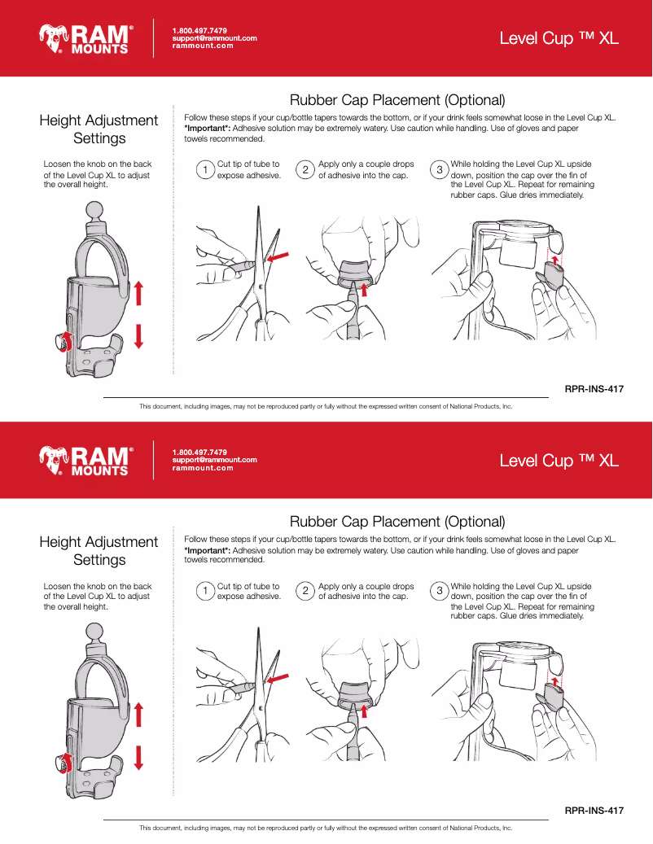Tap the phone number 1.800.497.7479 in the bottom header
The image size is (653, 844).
pos(199,452)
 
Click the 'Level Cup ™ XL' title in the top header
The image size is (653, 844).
pos(559,38)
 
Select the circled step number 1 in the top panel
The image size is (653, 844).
pos(206,169)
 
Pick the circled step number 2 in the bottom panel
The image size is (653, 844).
pos(305,592)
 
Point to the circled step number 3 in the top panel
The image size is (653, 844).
pos(440,169)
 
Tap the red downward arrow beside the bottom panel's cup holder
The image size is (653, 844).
pos(138,756)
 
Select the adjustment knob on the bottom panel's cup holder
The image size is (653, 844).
pos(62,763)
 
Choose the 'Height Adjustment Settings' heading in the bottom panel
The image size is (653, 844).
pos(99,551)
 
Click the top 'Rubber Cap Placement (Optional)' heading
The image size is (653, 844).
pos(397,100)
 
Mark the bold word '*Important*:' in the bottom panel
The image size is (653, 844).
pos(208,550)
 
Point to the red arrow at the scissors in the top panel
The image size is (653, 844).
pos(278,258)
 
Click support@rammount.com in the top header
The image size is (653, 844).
pos(214,38)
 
